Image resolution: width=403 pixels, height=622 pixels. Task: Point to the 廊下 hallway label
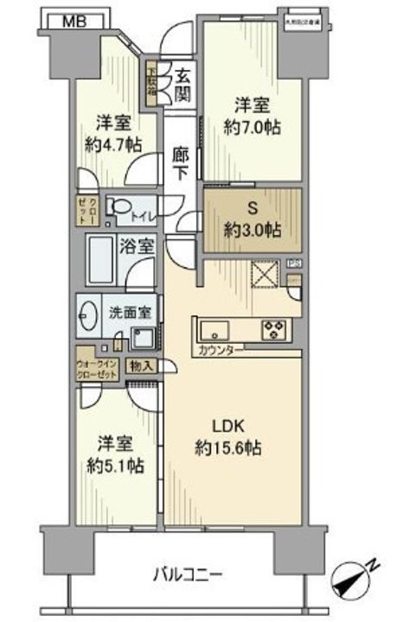click(x=179, y=162)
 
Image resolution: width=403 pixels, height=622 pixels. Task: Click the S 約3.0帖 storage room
click(x=253, y=219)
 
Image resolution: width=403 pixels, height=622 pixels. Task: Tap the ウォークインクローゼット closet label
click(x=100, y=359)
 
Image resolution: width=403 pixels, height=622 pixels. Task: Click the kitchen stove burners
click(x=275, y=329)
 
